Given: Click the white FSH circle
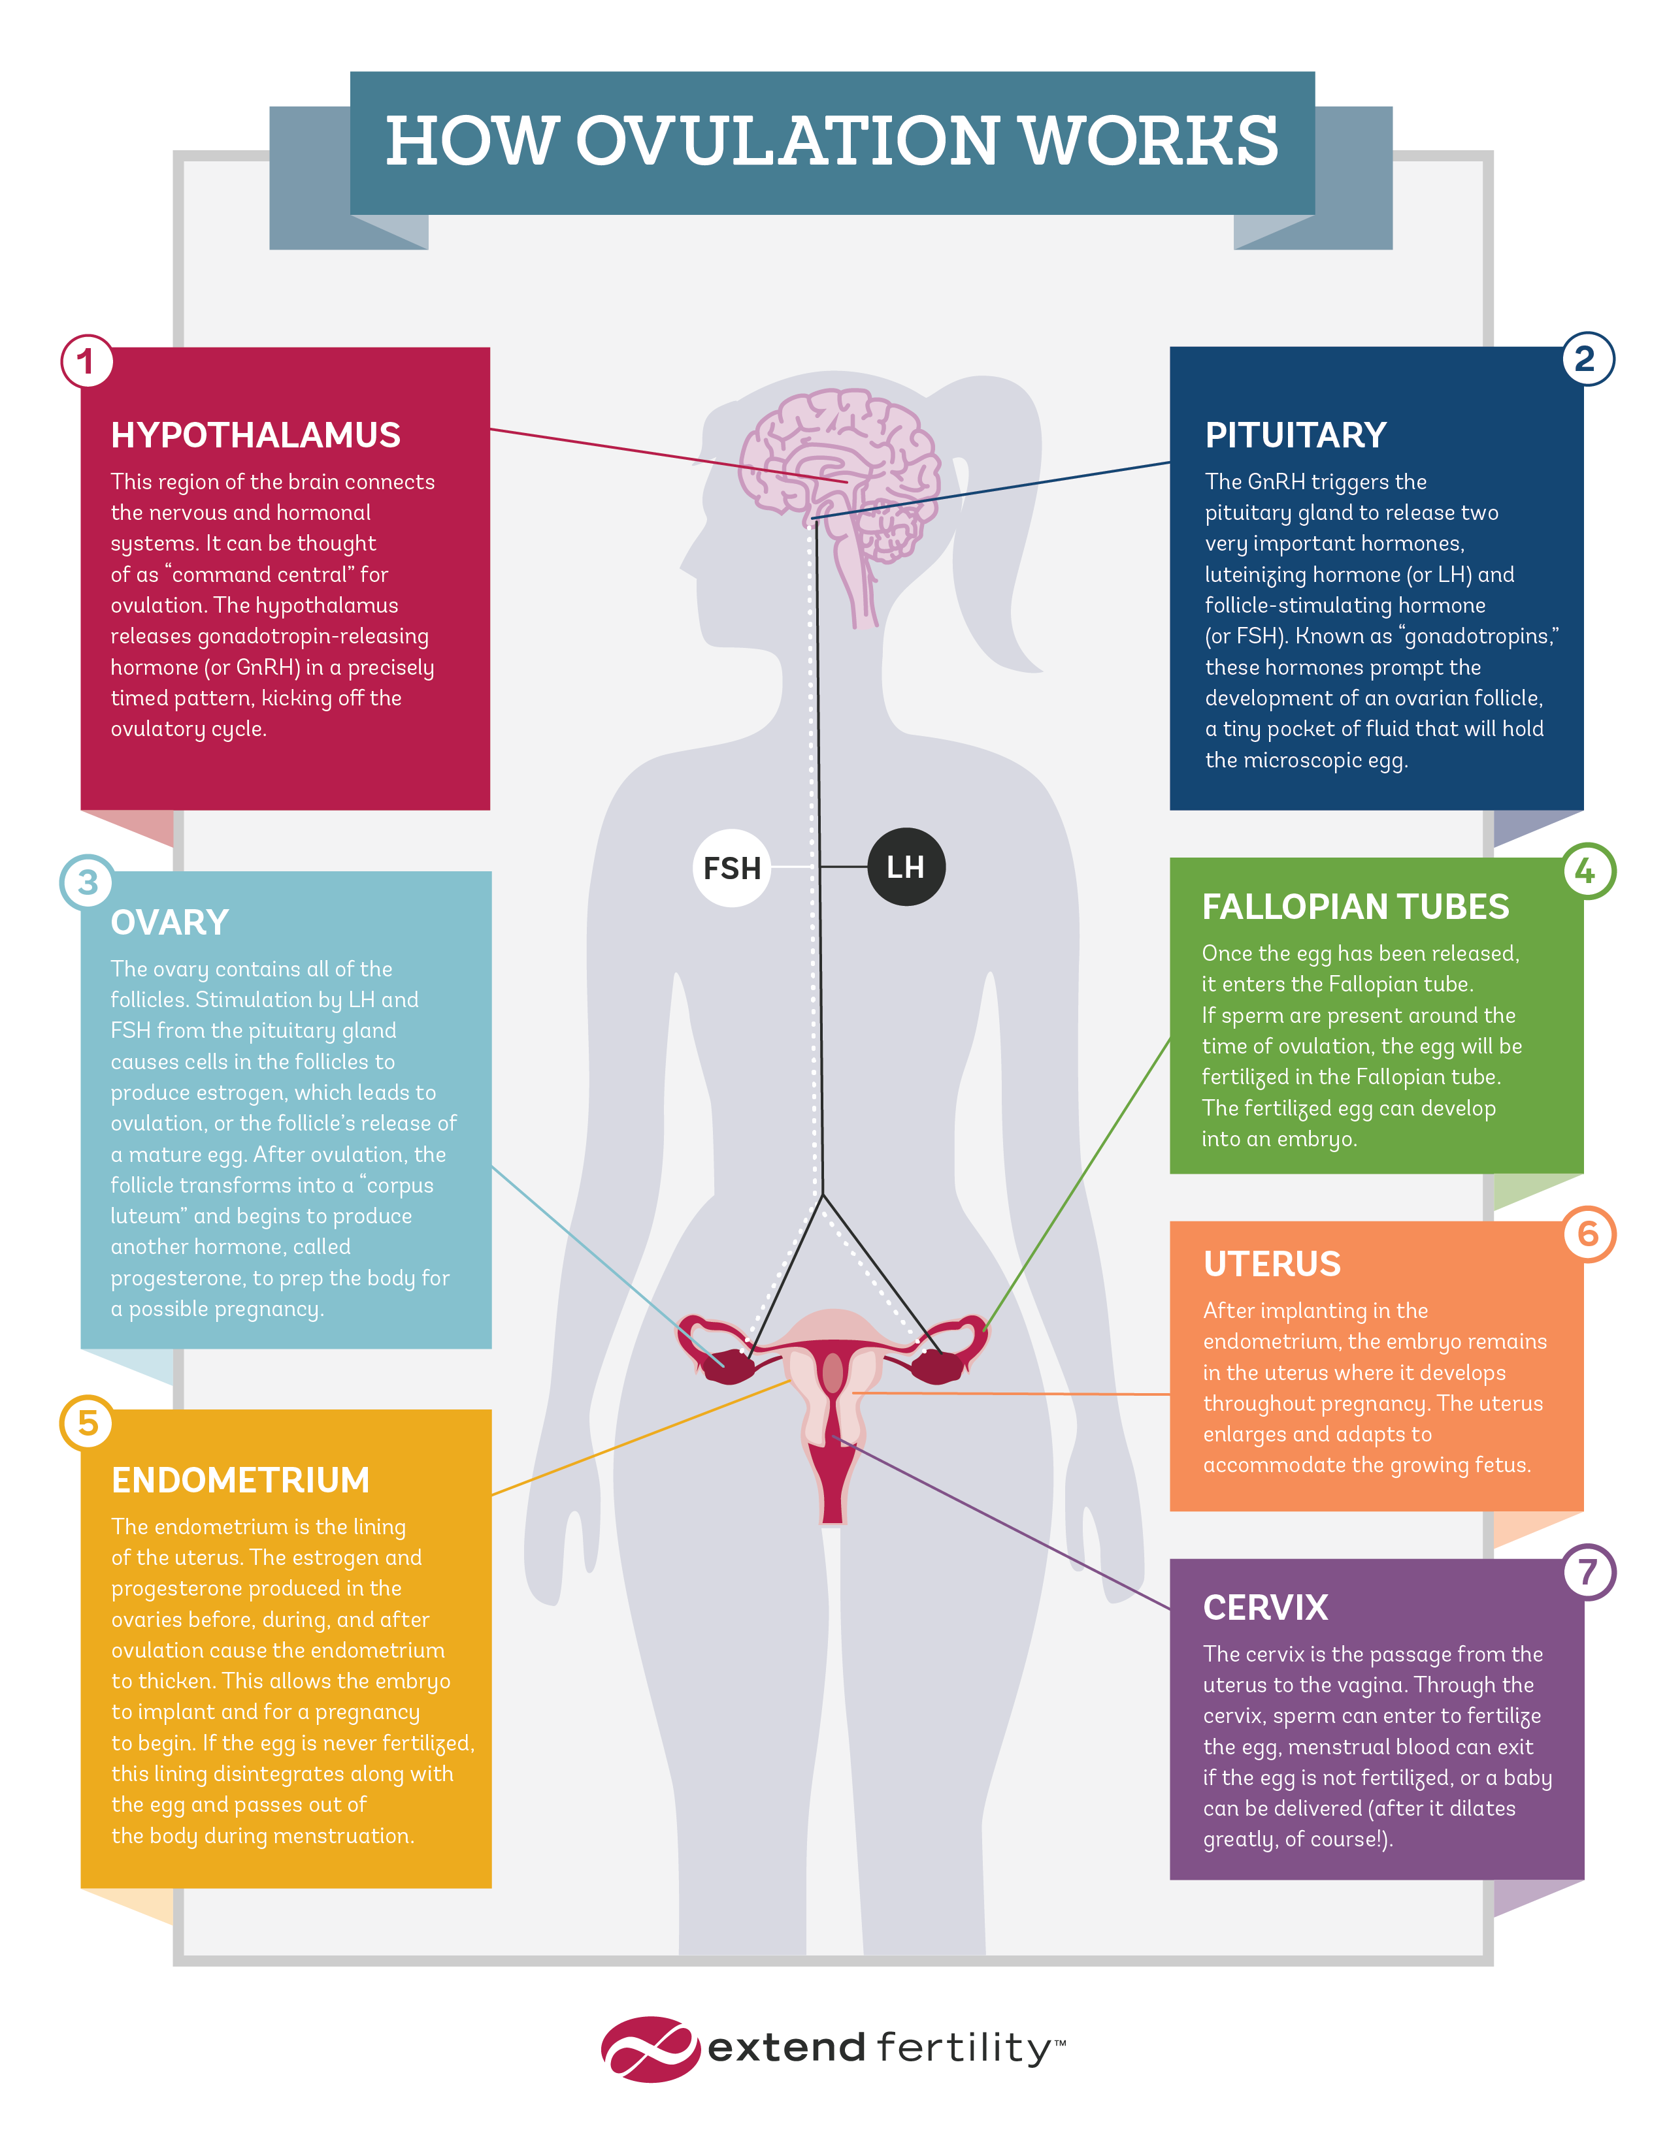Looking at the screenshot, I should [732, 868].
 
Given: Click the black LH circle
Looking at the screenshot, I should [906, 867].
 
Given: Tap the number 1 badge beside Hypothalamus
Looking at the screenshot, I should [87, 361].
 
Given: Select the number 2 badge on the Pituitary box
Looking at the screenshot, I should [1587, 359].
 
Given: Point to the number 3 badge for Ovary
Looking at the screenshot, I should [87, 882].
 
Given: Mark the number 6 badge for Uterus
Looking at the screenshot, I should [1588, 1234].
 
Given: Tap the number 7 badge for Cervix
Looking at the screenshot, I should [1588, 1571].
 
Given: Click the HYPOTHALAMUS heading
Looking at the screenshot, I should [255, 436].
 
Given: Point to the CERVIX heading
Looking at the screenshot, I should [1265, 1608].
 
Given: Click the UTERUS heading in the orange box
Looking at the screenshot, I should [1272, 1264].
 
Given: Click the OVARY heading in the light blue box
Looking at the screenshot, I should [170, 923].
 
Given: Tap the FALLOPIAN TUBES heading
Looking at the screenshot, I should [1355, 907].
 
